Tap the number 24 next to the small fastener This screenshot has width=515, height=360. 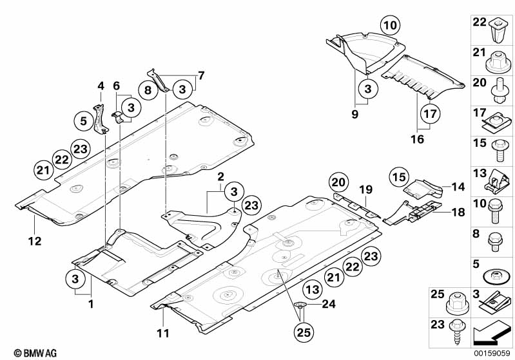point(329,305)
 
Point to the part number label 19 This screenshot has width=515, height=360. point(365,189)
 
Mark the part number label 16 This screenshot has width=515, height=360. point(418,138)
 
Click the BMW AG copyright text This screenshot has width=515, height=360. point(31,353)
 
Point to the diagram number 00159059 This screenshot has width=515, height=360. point(492,354)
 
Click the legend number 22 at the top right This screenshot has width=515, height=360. point(478,22)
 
